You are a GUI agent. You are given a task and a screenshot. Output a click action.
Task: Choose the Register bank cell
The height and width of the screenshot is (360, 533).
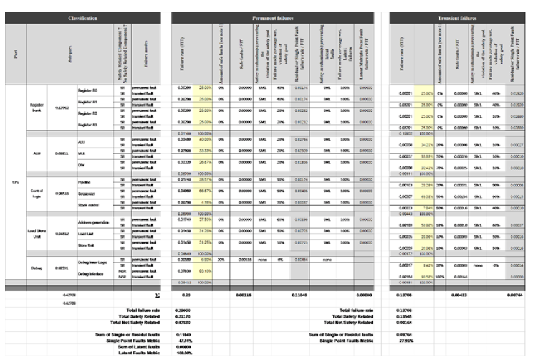point(36,107)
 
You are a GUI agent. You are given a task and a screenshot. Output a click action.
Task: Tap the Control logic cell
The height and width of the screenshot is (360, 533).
point(36,194)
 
